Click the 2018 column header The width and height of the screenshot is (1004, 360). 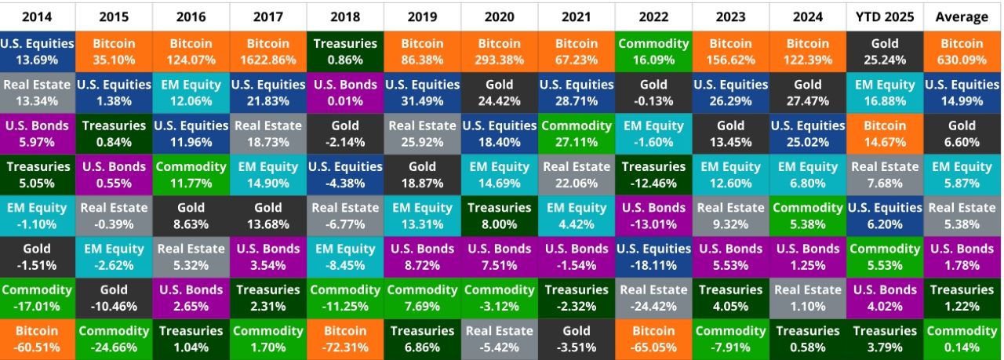click(x=345, y=16)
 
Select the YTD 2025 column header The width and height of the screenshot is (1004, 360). click(x=885, y=16)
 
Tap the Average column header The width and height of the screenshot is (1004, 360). click(x=962, y=16)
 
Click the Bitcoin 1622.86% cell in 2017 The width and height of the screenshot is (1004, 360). click(x=268, y=51)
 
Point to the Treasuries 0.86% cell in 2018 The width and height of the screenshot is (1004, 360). click(x=345, y=51)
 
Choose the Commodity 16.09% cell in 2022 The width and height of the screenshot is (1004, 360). click(x=653, y=51)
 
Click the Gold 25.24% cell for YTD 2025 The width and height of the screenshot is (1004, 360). click(x=885, y=51)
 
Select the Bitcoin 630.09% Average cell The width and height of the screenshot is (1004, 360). click(x=962, y=51)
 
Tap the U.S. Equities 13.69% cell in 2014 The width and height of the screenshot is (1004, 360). click(x=38, y=51)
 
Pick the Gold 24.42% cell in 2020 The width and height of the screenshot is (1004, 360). click(x=500, y=93)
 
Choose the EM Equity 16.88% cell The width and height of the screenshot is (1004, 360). click(x=885, y=93)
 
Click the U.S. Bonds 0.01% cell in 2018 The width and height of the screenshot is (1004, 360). click(x=345, y=93)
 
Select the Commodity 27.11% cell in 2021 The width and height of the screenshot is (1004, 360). click(x=577, y=133)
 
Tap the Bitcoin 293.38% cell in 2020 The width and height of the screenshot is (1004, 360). click(x=500, y=51)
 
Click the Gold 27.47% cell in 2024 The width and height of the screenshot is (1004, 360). click(x=808, y=93)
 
